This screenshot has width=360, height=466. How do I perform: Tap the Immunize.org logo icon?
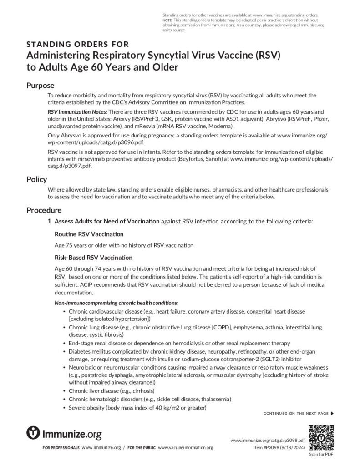click(x=33, y=433)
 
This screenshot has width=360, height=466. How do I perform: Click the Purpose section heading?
click(x=41, y=86)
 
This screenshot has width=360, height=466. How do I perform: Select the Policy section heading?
click(x=36, y=179)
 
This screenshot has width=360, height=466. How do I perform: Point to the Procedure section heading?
click(x=44, y=210)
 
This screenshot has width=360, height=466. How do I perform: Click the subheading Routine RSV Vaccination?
click(x=89, y=234)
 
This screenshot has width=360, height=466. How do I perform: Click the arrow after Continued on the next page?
click(x=332, y=413)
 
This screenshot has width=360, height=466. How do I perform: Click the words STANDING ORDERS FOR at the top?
click(x=77, y=45)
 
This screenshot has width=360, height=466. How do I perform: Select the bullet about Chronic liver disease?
click(x=112, y=391)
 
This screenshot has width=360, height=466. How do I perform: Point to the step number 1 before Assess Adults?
click(x=50, y=222)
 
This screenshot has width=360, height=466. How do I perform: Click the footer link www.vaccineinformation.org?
click(x=185, y=448)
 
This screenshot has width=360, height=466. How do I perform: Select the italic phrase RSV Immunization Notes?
click(x=78, y=111)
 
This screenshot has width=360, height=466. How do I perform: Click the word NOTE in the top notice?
click(x=167, y=20)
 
